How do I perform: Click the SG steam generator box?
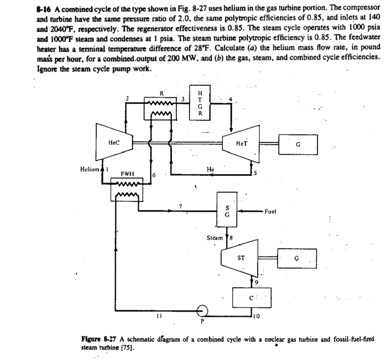pos(226,213)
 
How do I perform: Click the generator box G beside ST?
pos(297,259)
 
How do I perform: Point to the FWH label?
pos(126,174)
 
